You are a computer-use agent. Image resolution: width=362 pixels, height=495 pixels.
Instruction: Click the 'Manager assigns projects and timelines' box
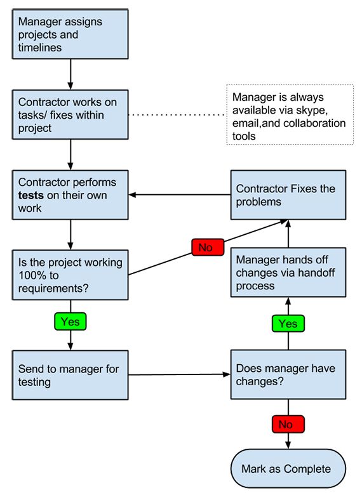[x=70, y=34]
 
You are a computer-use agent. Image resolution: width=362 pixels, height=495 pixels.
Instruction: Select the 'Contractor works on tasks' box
[x=70, y=115]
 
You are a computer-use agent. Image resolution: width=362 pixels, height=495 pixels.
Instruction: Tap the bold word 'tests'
[x=30, y=195]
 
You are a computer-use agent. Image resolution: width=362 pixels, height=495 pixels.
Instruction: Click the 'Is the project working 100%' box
[x=70, y=275]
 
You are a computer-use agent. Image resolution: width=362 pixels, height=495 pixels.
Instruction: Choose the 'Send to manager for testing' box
[x=70, y=375]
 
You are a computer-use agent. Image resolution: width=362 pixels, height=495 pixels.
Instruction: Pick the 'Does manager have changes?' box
[x=288, y=374]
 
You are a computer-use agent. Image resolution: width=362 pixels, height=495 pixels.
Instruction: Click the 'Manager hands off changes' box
[x=288, y=272]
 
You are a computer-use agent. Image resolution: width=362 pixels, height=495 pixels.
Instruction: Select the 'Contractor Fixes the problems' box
[x=288, y=195]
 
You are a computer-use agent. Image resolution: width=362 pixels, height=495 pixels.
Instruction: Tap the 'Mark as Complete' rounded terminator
[x=288, y=468]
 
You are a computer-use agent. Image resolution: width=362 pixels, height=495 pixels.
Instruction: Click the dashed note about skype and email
[x=290, y=115]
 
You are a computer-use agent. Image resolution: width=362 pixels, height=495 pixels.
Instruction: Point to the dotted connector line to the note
[x=178, y=115]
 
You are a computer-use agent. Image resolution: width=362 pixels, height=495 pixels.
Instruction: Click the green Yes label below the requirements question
[x=70, y=321]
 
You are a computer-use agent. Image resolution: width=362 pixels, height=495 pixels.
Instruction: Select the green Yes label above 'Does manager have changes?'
[x=288, y=323]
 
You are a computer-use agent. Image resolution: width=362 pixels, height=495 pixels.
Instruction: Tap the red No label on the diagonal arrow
[x=208, y=247]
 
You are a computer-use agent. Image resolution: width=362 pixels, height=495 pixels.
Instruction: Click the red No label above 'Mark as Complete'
[x=288, y=424]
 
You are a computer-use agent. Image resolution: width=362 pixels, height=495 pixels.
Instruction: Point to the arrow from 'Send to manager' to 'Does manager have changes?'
[x=180, y=374]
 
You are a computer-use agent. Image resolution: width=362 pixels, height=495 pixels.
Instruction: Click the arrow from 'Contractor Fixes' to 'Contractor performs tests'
[x=180, y=195]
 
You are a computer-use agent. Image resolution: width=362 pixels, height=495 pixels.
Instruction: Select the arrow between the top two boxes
[x=70, y=74]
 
